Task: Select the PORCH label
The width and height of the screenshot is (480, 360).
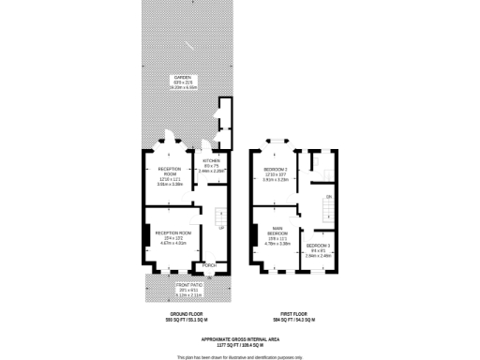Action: [210, 265]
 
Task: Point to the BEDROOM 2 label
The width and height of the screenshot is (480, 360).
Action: [275, 170]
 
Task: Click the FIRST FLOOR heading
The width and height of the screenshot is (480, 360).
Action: [294, 315]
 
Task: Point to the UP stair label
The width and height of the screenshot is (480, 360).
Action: [221, 228]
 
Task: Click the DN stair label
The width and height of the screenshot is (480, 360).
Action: [328, 196]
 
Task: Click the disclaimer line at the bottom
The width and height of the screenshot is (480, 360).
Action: [240, 356]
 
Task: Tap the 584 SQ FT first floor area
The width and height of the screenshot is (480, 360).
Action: [294, 321]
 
